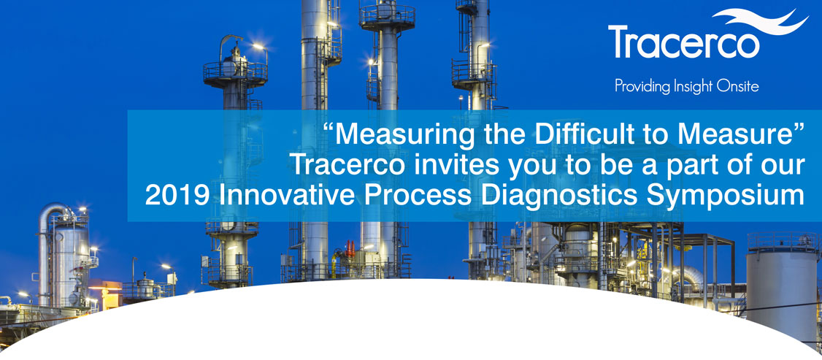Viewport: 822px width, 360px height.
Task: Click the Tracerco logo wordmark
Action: pos(684,42)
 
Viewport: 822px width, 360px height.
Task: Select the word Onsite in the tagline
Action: pos(740,86)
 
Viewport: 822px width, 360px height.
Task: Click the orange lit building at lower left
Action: pos(106,294)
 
